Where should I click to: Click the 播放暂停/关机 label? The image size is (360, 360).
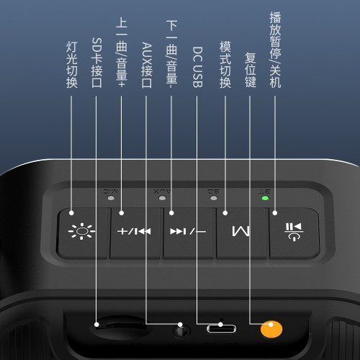point(274,49)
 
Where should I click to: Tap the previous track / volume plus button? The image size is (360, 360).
point(135,232)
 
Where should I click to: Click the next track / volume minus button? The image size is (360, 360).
point(189,232)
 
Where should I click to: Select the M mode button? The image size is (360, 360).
point(242,232)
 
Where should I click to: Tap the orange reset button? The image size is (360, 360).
point(271,328)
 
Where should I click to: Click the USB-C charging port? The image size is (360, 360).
point(220,329)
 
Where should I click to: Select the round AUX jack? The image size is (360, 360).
point(181,331)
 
